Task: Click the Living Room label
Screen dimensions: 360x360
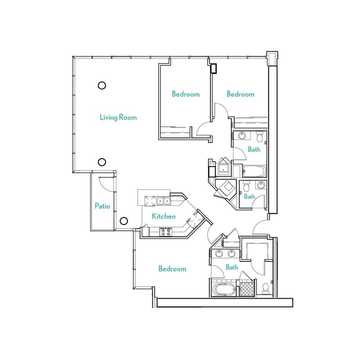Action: point(118,117)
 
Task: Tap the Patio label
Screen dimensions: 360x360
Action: point(102,206)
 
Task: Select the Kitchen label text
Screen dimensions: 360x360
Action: point(163,216)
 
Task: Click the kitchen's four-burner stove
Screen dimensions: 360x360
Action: point(165,232)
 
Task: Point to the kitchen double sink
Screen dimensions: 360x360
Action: point(163,200)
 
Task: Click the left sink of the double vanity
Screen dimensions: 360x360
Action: point(219,253)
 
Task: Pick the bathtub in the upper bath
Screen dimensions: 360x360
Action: point(254,171)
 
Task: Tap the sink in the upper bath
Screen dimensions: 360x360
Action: point(241,136)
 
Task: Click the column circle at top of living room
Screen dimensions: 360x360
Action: point(102,85)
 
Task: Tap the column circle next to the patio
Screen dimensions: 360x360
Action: point(123,221)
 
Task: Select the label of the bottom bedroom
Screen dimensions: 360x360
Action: point(172,269)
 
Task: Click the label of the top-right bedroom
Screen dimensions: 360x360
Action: point(240,94)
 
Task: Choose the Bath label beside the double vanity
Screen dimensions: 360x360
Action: point(232,267)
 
